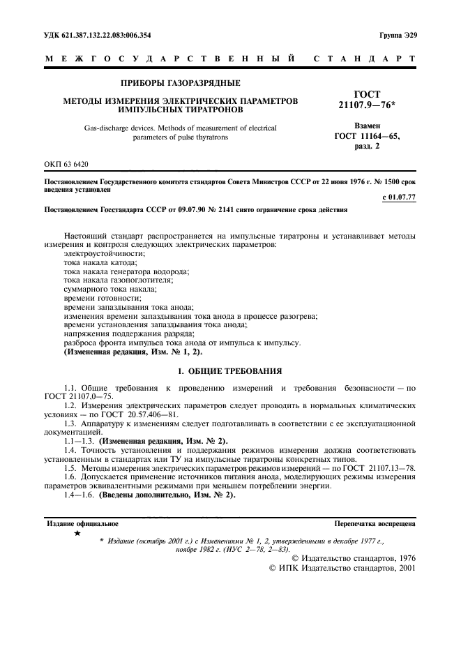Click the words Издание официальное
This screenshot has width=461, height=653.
(x=82, y=523)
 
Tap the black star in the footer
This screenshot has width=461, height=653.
(x=77, y=534)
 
